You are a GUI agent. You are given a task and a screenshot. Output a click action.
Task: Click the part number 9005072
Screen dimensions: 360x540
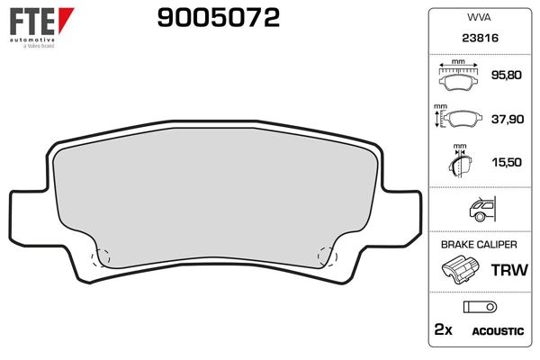tap(218, 17)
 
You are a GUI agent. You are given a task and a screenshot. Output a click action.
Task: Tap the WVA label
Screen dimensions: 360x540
tap(478, 17)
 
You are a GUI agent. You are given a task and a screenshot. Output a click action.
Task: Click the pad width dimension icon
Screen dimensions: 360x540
tap(459, 77)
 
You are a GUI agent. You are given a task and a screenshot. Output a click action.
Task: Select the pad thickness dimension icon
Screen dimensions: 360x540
tap(460, 163)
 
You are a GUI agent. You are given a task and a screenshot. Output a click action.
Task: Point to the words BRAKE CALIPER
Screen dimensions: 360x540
tap(477, 245)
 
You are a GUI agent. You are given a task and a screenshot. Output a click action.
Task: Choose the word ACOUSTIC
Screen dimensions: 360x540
tap(498, 331)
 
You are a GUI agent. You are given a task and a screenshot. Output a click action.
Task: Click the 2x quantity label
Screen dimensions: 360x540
tap(442, 330)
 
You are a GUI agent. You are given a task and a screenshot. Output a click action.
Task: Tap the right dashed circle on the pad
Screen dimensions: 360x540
tap(328, 256)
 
